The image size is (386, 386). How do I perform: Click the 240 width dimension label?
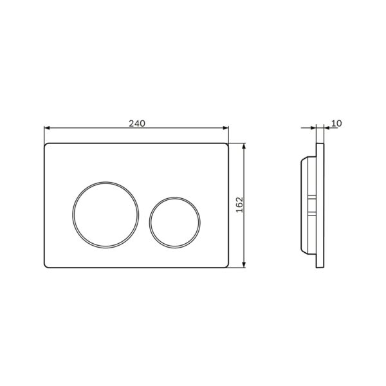(x=137, y=124)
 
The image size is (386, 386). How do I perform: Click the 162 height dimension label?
(x=239, y=205)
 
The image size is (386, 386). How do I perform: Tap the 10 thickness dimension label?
(x=336, y=124)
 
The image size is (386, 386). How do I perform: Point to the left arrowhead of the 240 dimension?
(x=47, y=128)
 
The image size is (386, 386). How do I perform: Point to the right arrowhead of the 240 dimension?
(x=226, y=128)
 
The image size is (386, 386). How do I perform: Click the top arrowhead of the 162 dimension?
(x=244, y=146)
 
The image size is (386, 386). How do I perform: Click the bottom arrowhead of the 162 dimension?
(x=244, y=264)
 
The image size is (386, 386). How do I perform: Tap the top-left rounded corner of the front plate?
(x=46, y=145)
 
